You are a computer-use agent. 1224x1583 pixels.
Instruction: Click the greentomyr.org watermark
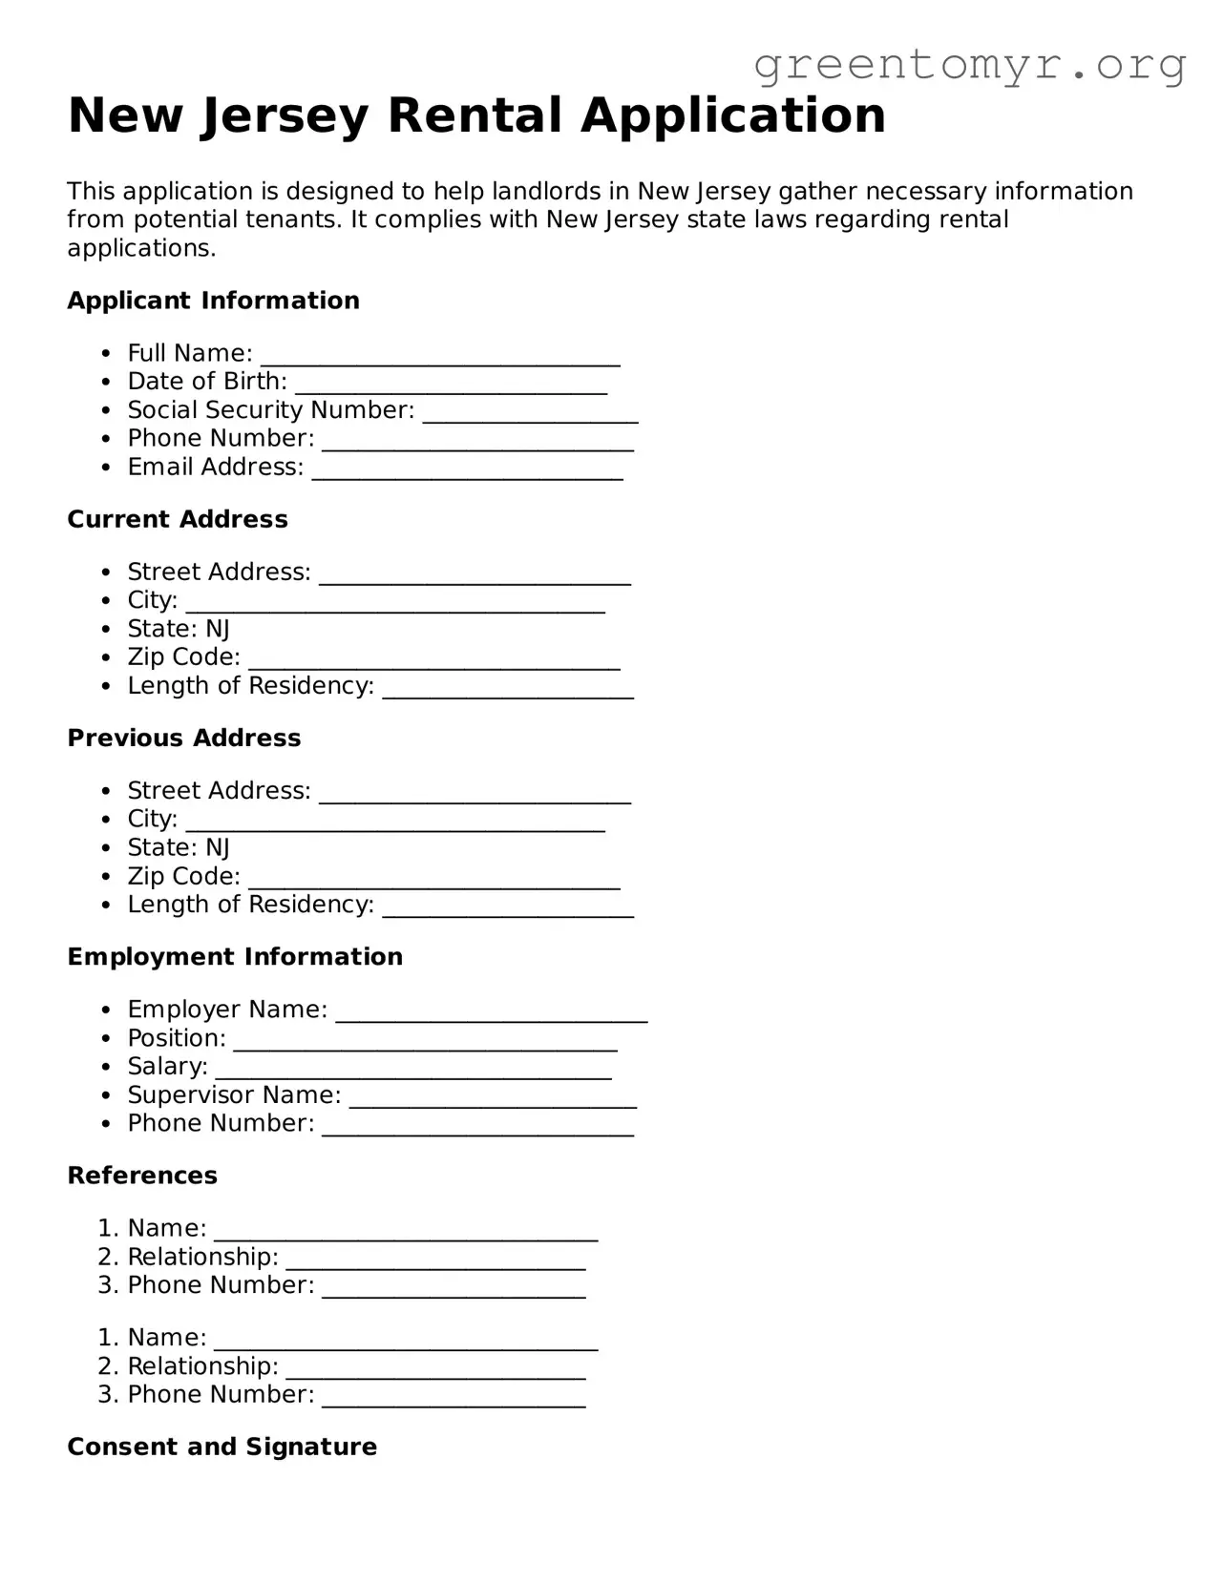coord(969,65)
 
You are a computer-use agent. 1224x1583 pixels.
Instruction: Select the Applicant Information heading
coord(213,301)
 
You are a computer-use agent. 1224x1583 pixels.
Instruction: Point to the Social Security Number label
coord(271,410)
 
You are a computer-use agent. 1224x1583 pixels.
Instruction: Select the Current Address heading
coord(178,519)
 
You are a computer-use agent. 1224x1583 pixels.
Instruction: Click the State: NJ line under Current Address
coord(179,629)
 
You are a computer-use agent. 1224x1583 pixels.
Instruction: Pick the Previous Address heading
coord(184,738)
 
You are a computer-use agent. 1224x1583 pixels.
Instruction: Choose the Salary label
coord(167,1067)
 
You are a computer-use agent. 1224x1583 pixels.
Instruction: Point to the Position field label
coord(177,1038)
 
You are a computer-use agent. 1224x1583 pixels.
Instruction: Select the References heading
coord(142,1176)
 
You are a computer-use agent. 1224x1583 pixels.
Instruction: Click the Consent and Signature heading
coord(222,1448)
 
